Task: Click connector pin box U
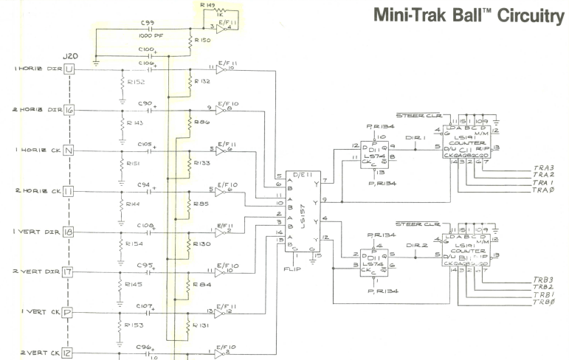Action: pyautogui.click(x=70, y=69)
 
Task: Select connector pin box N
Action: pyautogui.click(x=70, y=151)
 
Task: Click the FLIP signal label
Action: pyautogui.click(x=292, y=269)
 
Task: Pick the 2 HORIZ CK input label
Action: pyautogui.click(x=33, y=192)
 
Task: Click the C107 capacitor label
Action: pyautogui.click(x=144, y=304)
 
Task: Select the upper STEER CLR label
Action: pyautogui.click(x=419, y=115)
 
